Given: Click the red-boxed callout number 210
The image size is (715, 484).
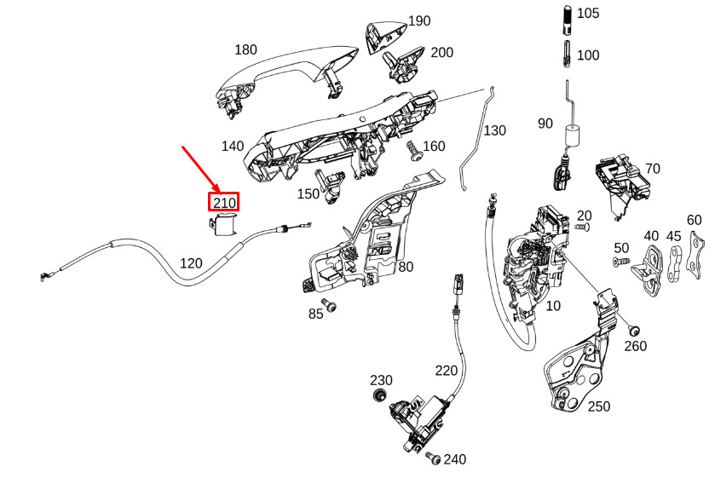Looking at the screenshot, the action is [x=224, y=202].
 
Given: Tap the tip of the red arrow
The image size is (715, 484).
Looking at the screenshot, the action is [x=220, y=192].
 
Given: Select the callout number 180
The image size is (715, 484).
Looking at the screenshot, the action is [x=245, y=49].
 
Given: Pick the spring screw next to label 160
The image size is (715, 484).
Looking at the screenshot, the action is [x=413, y=151].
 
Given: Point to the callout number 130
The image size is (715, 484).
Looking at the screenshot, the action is [x=494, y=130].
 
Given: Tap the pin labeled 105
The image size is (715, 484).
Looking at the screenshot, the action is [x=568, y=20].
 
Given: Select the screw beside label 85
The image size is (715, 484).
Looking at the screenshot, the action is [x=328, y=304].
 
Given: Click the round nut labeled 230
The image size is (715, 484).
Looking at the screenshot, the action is [x=378, y=395].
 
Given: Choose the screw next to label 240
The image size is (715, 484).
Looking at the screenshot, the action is [x=433, y=458].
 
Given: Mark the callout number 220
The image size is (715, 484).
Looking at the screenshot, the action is [x=446, y=371].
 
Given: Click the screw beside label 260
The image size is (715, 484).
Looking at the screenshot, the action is [x=633, y=330].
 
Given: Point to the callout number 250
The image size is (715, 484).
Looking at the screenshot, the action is [x=599, y=406].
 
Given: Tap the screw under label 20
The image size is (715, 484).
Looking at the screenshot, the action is [x=582, y=227].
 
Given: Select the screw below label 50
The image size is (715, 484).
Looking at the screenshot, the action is [x=620, y=262].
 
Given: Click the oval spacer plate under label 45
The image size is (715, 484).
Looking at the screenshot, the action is [x=674, y=264].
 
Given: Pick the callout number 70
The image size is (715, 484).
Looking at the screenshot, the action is [x=653, y=169].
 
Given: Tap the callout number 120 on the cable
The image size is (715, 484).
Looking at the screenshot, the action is [x=191, y=263].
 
